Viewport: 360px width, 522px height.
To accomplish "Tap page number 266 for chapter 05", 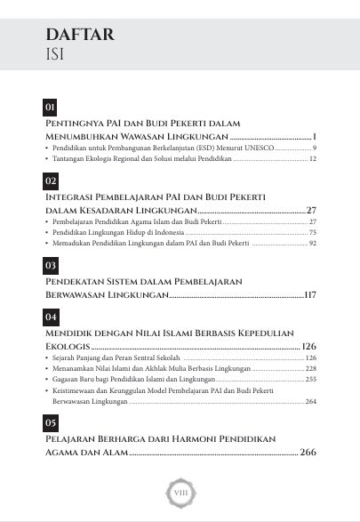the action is click(x=308, y=453).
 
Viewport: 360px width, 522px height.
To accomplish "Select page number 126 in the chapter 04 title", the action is click(x=309, y=346).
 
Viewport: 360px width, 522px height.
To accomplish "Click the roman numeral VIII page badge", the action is click(x=180, y=491).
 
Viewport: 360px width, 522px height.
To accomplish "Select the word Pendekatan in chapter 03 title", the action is click(x=78, y=280).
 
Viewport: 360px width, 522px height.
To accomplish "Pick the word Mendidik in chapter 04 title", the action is click(x=70, y=332).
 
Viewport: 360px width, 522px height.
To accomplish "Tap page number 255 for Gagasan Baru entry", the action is click(x=311, y=379).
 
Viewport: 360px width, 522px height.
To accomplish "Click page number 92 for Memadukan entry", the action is click(x=313, y=243).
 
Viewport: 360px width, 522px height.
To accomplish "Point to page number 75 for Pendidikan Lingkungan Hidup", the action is click(x=313, y=231).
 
